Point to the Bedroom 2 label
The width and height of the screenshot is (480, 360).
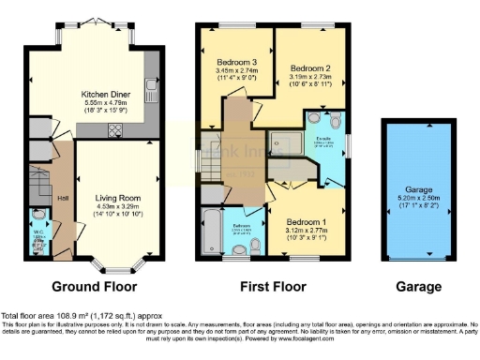point(308,68)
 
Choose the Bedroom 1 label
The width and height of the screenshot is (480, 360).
point(306,221)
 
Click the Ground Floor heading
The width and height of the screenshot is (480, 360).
point(94,286)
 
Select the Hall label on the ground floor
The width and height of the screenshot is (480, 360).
point(63,198)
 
